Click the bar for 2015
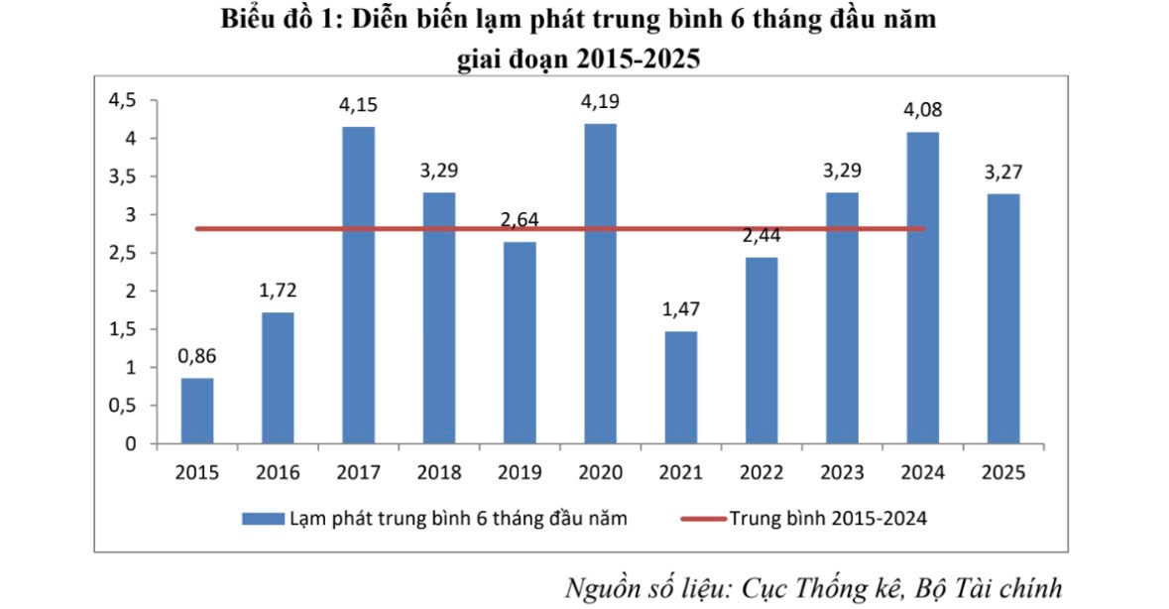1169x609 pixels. tap(196, 411)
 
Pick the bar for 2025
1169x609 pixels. tap(1003, 318)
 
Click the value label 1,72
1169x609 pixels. tap(278, 291)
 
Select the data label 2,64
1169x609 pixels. tap(520, 220)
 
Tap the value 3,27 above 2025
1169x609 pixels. tap(1003, 172)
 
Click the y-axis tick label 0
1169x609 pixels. tap(130, 444)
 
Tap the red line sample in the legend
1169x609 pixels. tap(702, 518)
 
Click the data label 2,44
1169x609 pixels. tap(760, 236)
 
